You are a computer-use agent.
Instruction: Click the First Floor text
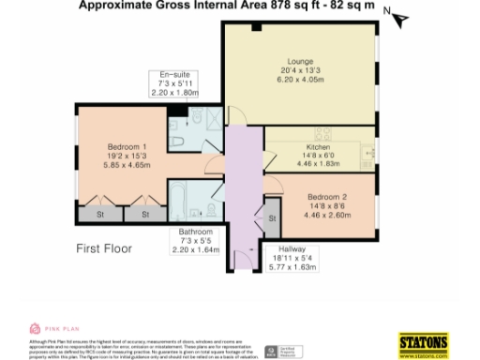tap(104, 249)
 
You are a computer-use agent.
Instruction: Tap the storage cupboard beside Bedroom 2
tap(271, 217)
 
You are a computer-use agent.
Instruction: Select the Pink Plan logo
tap(51, 328)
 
